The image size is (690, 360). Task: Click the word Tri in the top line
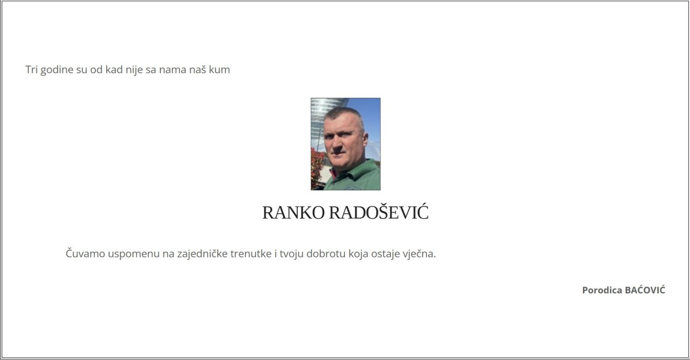tap(32, 69)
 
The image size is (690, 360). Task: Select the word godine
tap(57, 70)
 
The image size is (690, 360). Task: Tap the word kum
tap(219, 69)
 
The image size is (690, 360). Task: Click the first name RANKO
tap(293, 212)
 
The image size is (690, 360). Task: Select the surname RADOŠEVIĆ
tap(378, 212)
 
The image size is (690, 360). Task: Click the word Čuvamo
tap(85, 253)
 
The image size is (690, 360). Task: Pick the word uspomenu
tap(133, 254)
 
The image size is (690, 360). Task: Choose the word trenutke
tap(251, 254)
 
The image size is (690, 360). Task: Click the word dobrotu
tap(326, 254)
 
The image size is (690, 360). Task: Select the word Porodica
tap(602, 290)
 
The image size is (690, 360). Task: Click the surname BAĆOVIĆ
tap(645, 289)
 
